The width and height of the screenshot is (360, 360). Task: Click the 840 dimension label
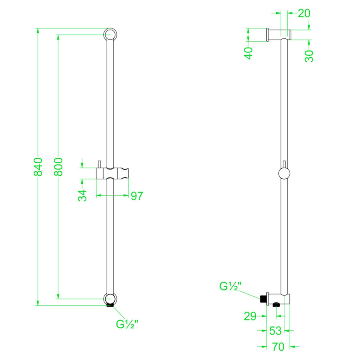coord(38,166)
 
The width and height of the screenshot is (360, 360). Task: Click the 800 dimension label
coord(58,166)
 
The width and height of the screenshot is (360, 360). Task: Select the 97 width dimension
coord(136,196)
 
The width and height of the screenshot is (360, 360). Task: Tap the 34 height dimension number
coord(82,196)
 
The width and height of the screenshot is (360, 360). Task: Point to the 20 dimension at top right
coord(304,13)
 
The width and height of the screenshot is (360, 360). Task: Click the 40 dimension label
coord(249,53)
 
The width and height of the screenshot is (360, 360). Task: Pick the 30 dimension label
coord(309,56)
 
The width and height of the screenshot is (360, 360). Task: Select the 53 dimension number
coord(275,331)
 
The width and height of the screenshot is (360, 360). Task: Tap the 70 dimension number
coord(278,347)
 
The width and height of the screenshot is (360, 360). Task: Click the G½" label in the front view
coord(127,324)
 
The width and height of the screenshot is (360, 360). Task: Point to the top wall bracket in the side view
coord(279,34)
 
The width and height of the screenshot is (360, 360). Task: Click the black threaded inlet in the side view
coord(263,299)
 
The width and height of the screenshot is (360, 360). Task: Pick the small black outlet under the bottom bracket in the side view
coord(275,306)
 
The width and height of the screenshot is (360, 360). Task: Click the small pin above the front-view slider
coord(99,164)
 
